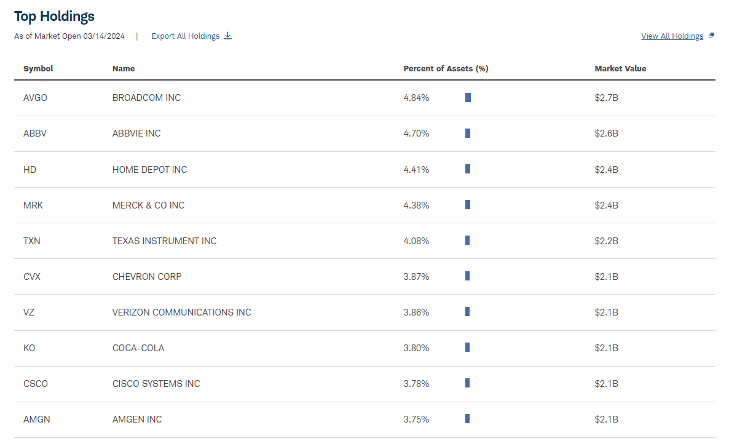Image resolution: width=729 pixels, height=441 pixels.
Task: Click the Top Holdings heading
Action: tap(54, 16)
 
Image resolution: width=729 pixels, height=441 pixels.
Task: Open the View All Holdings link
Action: tap(672, 36)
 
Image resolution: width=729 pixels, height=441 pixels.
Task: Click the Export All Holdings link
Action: tap(186, 36)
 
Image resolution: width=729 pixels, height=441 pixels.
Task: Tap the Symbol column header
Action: tap(38, 69)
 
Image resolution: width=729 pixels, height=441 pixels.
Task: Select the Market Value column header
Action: tap(620, 69)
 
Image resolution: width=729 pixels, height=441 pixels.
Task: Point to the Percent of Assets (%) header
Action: tap(446, 69)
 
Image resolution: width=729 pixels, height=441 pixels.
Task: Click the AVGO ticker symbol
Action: tap(35, 98)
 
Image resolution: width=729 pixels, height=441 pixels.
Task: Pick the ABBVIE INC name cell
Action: tap(136, 133)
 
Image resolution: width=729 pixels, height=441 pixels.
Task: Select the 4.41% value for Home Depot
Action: tap(416, 169)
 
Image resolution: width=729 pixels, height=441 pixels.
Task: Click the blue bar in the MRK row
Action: tap(468, 205)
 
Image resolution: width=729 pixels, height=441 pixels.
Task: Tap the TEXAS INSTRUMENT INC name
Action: tap(164, 240)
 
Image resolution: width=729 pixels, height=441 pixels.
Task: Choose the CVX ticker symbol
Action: tap(32, 276)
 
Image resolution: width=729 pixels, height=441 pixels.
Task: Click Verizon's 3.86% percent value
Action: tap(416, 312)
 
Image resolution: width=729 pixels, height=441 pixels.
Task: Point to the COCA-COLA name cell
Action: tap(138, 348)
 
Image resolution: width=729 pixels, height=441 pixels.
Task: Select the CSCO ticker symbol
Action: tap(36, 383)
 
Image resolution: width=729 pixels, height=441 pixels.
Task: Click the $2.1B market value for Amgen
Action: tap(606, 419)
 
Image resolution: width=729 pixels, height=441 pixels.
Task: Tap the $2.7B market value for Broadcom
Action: tap(606, 98)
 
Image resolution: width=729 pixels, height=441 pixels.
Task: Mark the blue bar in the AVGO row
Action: tap(468, 98)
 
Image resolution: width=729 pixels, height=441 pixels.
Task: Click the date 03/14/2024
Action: tap(104, 36)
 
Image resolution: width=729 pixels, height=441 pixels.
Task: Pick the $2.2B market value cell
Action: tap(606, 240)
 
